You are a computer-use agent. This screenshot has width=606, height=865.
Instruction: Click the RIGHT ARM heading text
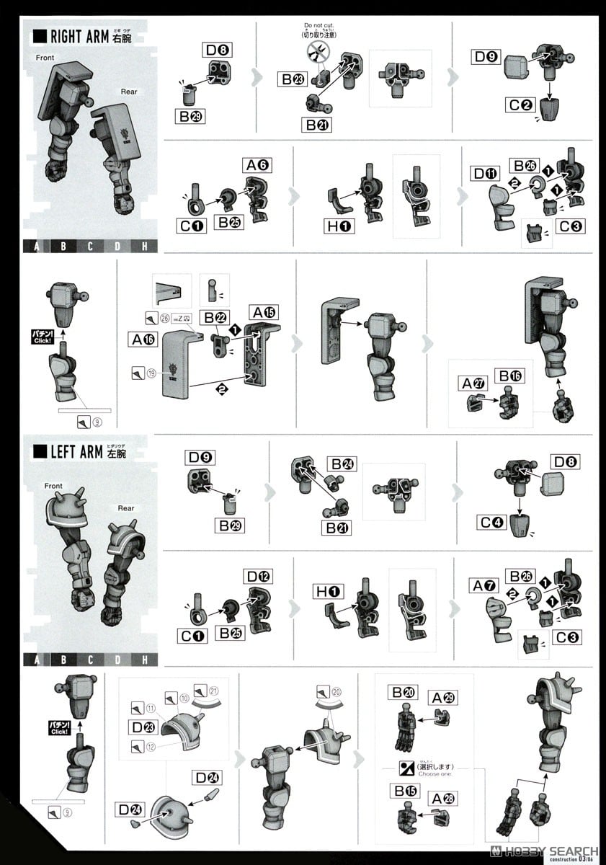79,37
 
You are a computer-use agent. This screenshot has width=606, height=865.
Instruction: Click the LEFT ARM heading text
77,453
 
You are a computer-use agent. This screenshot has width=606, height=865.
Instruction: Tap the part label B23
292,79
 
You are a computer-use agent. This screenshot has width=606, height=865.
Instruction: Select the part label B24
342,463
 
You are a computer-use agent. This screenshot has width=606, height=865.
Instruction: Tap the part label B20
404,693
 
